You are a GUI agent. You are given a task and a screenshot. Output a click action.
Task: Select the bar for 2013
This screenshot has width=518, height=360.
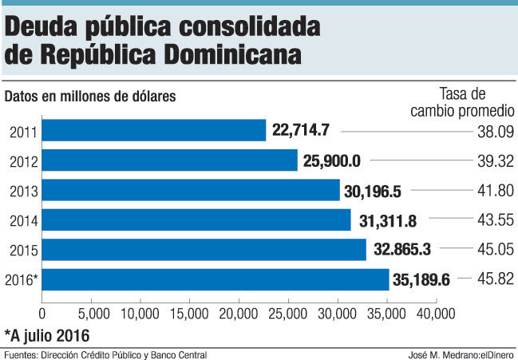191,190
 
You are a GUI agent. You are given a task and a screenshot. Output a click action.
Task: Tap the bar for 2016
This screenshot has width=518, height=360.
215,279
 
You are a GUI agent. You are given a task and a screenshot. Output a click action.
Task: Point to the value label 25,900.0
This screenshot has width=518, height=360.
332,160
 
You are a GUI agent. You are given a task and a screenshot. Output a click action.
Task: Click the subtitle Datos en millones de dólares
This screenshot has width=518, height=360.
90,97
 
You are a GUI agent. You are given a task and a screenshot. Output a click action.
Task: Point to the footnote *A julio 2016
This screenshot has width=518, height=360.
46,334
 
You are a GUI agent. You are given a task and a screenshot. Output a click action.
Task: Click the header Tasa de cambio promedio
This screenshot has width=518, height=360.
462,102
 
